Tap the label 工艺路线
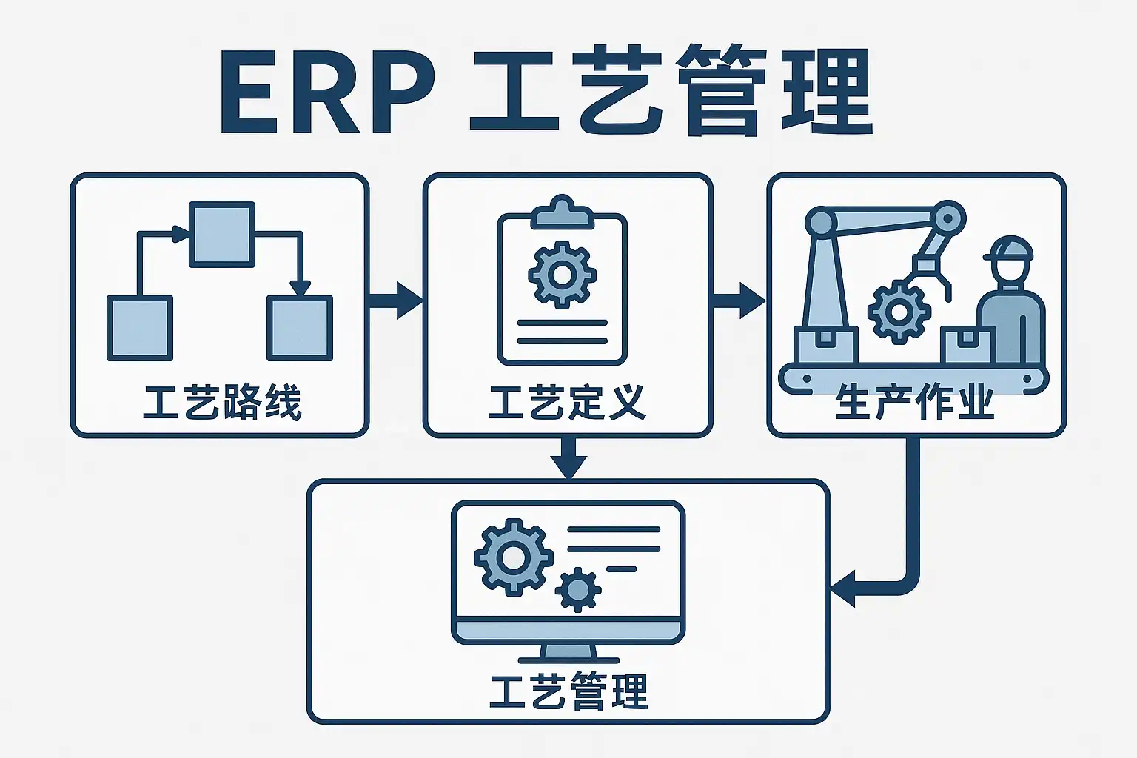[x=222, y=404]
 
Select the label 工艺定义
[x=567, y=404]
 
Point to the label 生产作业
[x=915, y=404]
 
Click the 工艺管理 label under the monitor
[x=568, y=691]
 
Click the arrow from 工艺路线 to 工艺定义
[x=396, y=300]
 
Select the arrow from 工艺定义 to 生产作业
[x=739, y=300]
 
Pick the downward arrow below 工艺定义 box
[x=568, y=459]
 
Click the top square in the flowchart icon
[x=222, y=234]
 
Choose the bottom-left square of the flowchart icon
[x=140, y=328]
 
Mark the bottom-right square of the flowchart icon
[x=299, y=328]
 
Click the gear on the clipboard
[x=562, y=275]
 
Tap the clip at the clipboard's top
[x=562, y=212]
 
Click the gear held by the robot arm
[x=899, y=312]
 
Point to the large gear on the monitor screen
[x=513, y=557]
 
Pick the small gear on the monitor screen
[x=577, y=590]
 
